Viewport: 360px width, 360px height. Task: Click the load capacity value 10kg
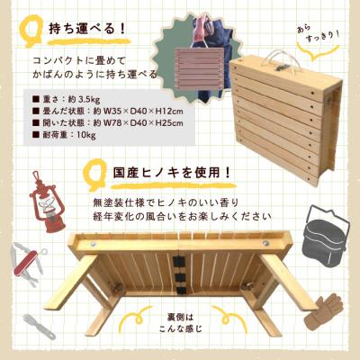tap(80, 136)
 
